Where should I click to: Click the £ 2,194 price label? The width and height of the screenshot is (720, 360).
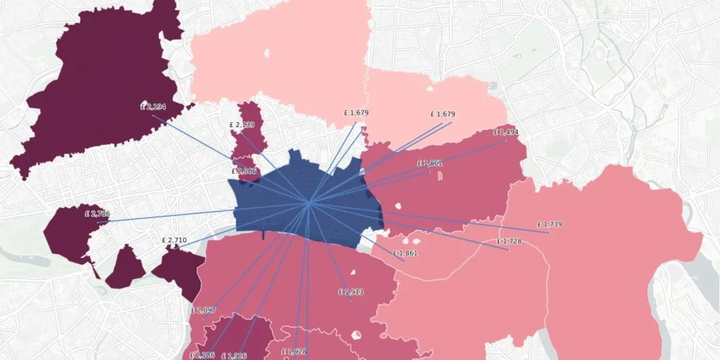pos(153,107)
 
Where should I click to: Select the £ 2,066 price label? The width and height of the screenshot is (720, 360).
pos(243,171)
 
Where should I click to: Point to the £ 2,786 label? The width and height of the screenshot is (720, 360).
pos(97,214)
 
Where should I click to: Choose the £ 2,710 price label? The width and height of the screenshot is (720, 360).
pos(174,240)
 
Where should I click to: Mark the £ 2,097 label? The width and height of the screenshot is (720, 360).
pos(204,310)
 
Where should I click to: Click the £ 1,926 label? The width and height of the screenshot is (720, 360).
pos(234,356)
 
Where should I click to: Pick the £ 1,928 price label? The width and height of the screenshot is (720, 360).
pos(294,351)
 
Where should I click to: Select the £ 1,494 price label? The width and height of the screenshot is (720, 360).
pos(505,132)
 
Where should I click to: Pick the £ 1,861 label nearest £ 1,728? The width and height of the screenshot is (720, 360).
pos(405,253)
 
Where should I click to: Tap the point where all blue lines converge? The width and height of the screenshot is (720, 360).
pos(309,203)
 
